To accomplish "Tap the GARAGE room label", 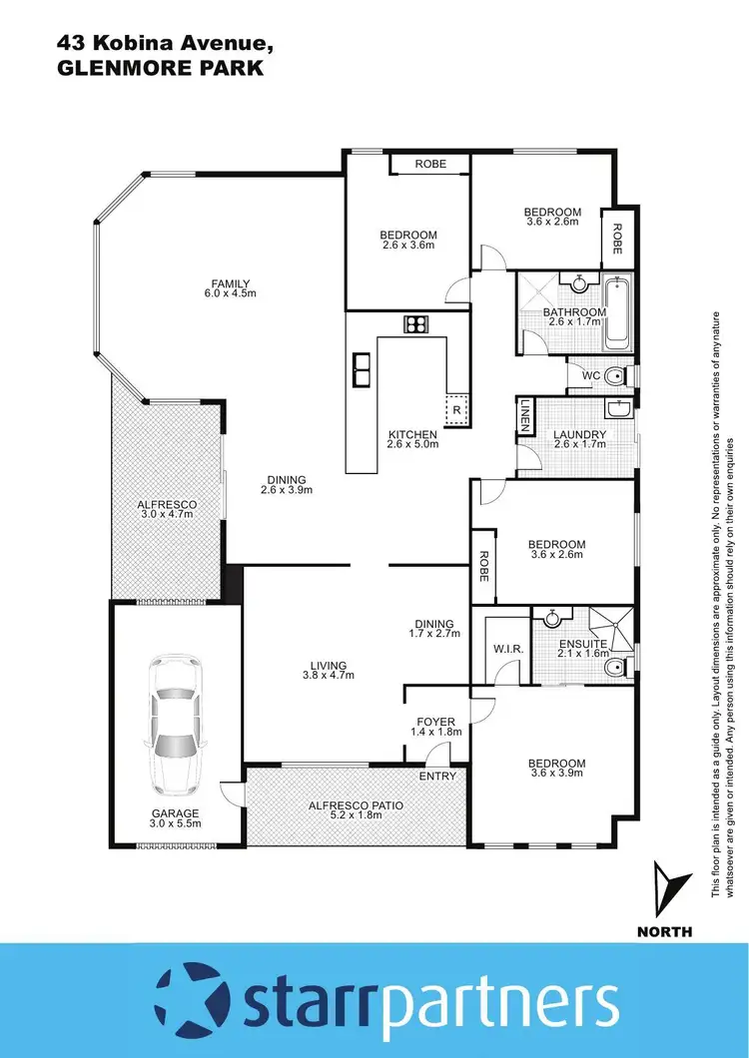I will tap(175, 812).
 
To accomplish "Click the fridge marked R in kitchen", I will tap(456, 409).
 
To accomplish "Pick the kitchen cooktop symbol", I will tap(415, 323).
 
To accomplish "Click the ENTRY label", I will tap(437, 776).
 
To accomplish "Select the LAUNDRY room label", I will tap(579, 435).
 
